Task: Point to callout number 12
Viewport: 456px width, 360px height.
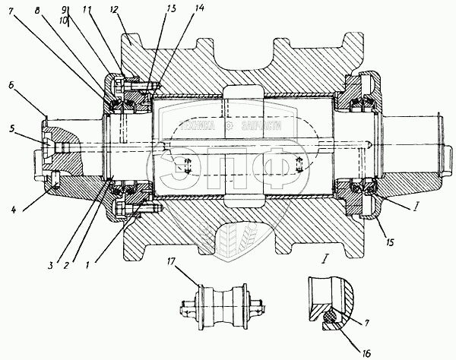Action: tap(113, 11)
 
